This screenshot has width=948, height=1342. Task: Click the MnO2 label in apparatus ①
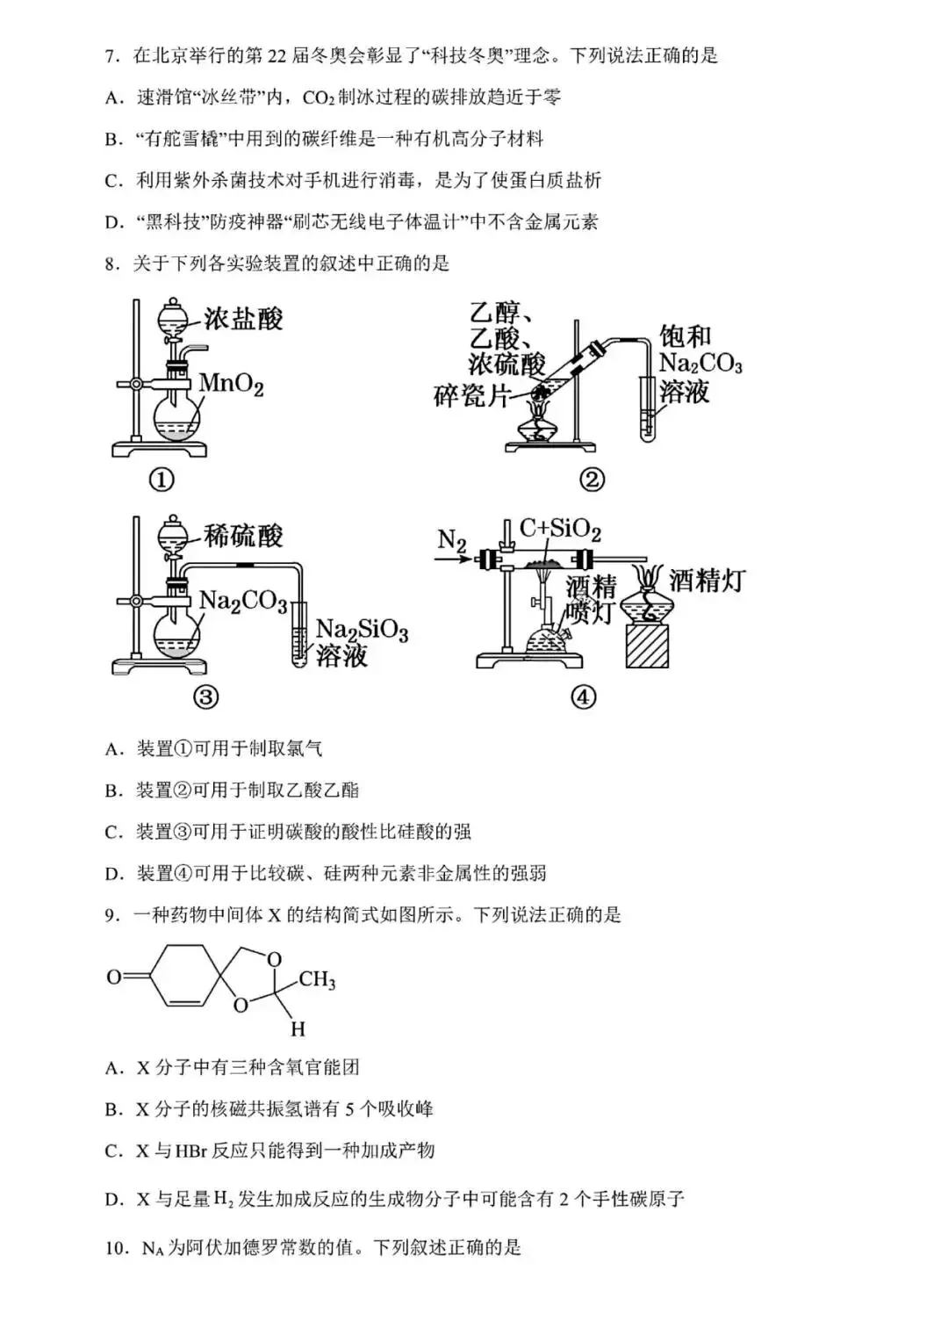click(x=231, y=384)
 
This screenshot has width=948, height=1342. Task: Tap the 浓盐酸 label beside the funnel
click(x=242, y=319)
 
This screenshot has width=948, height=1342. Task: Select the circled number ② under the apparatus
click(x=592, y=480)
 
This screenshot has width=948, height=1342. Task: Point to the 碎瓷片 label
click(x=472, y=396)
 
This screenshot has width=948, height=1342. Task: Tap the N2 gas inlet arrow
click(x=453, y=559)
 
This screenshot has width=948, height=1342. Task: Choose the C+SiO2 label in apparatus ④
click(x=560, y=529)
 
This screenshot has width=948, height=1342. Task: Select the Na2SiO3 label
click(x=362, y=631)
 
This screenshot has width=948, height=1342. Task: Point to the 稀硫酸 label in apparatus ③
click(x=242, y=537)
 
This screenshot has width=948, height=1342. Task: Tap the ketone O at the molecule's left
click(x=114, y=978)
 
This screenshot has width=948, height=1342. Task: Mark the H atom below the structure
click(x=298, y=1029)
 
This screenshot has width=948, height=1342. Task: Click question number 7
click(x=110, y=56)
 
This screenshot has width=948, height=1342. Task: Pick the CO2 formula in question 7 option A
click(x=319, y=97)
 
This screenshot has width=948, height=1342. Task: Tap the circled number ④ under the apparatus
click(x=584, y=697)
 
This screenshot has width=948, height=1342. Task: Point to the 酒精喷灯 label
click(x=591, y=602)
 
